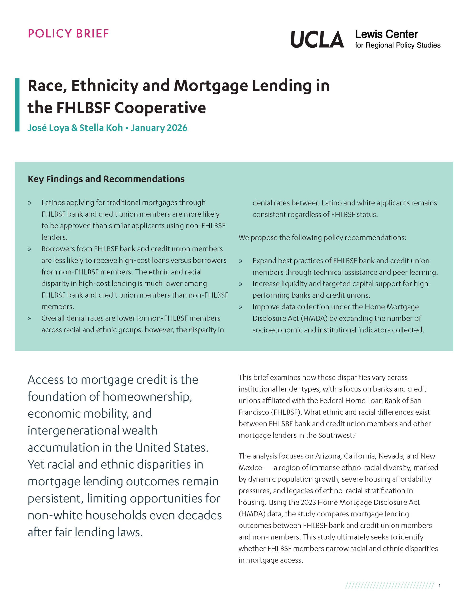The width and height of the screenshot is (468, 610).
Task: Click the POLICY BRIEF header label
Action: (68, 33)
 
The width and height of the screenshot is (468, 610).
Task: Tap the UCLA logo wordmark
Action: (317, 39)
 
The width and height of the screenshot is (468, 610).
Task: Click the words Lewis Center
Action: (386, 34)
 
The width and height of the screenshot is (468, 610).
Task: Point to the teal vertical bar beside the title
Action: (17, 105)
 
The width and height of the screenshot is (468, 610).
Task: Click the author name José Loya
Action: (48, 128)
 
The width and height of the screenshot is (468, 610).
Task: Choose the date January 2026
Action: (159, 128)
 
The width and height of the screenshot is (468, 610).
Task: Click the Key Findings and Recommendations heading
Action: (106, 179)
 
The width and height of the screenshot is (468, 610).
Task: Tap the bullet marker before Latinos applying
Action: (30, 203)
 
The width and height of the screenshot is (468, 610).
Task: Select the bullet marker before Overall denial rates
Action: (30, 318)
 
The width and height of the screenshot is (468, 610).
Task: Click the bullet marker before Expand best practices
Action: (240, 261)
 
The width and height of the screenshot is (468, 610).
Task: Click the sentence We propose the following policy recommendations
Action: (322, 238)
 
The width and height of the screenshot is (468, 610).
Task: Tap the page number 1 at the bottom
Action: (440, 585)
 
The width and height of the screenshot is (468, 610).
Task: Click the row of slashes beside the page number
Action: (389, 585)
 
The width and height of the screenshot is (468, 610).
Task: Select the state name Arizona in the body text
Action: (328, 456)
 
